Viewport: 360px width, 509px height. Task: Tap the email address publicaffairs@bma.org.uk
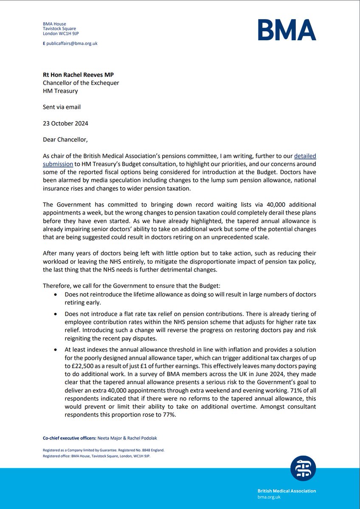pyautogui.click(x=73, y=43)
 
